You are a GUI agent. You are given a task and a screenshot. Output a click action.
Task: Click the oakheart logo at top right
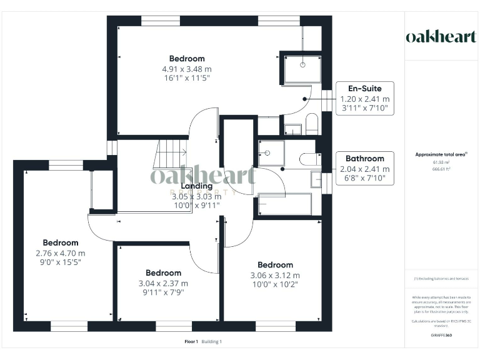pos(441,36)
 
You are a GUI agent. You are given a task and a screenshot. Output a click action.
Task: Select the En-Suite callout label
pos(364,88)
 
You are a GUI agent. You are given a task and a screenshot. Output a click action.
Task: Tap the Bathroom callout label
pos(364,158)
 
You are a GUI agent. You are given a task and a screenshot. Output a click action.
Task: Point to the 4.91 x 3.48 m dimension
pos(187,69)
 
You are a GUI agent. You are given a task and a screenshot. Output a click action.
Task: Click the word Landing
pos(197,186)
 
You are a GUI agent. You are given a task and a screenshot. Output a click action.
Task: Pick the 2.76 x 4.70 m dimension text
pos(61,253)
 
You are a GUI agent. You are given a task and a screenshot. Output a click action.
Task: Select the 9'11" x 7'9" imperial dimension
pos(164,292)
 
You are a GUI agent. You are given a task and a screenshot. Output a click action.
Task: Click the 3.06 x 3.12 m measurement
pos(275,275)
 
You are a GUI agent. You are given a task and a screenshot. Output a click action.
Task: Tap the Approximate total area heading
pos(441,154)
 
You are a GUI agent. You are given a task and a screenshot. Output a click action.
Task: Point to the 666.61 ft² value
pos(441,168)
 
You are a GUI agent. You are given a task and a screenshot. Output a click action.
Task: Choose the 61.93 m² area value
pos(441,162)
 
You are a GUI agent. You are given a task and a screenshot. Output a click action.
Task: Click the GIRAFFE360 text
pos(441,336)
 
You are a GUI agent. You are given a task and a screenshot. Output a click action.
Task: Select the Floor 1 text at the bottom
pos(191,341)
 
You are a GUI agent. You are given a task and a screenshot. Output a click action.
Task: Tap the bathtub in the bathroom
pos(284,204)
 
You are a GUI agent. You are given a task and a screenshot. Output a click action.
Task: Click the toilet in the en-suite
pos(312,124)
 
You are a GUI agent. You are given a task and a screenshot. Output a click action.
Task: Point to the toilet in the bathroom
pos(309,159)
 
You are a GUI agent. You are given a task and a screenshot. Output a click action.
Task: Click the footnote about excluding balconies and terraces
pos(441,279)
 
